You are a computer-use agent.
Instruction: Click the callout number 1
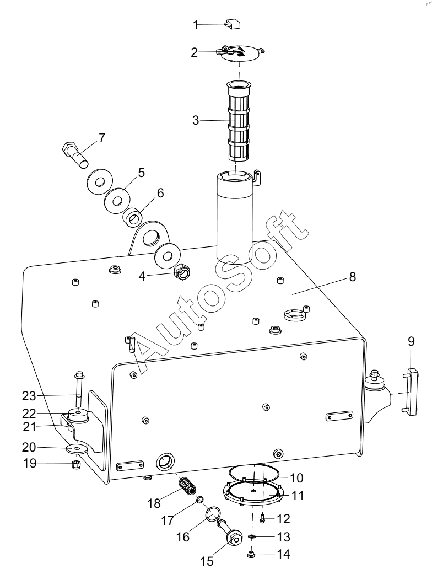click(196, 25)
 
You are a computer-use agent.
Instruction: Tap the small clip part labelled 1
click(233, 24)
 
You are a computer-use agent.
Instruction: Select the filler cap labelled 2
click(239, 52)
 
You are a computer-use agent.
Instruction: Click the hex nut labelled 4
click(182, 275)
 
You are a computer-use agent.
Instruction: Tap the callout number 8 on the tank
click(352, 276)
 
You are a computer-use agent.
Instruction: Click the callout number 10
click(297, 478)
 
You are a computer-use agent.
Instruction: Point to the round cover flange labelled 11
click(252, 493)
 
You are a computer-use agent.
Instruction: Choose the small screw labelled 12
click(262, 518)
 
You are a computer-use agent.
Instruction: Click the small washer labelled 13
click(252, 536)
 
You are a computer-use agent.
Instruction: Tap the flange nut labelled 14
click(251, 554)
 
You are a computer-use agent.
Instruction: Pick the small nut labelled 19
click(75, 465)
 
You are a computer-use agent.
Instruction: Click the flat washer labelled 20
click(77, 448)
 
